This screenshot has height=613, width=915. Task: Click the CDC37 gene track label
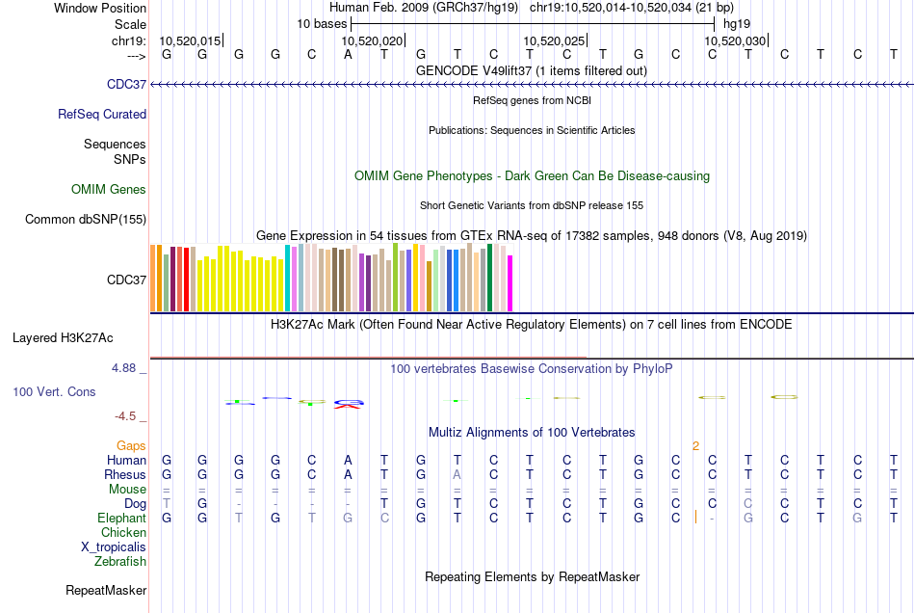127,85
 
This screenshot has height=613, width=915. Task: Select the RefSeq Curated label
102,114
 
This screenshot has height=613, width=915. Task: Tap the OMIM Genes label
109,189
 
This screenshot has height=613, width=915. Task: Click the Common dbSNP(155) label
86,219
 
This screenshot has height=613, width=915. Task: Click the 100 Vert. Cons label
54,392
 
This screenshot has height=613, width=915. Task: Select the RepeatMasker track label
106,590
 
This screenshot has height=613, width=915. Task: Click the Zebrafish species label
120,561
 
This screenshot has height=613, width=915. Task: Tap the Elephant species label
121,518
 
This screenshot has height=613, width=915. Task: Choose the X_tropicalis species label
114,546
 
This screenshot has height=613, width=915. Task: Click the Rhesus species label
125,474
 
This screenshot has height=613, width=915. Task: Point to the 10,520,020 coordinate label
372,40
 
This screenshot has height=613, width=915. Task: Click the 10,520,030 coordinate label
735,40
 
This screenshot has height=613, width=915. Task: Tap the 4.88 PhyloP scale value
127,367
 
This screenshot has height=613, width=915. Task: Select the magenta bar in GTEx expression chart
510,282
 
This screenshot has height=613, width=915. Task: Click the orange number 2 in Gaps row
695,445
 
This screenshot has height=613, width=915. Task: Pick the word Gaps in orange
131,445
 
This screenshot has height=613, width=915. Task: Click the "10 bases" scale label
322,22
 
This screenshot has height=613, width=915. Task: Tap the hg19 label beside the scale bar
737,22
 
